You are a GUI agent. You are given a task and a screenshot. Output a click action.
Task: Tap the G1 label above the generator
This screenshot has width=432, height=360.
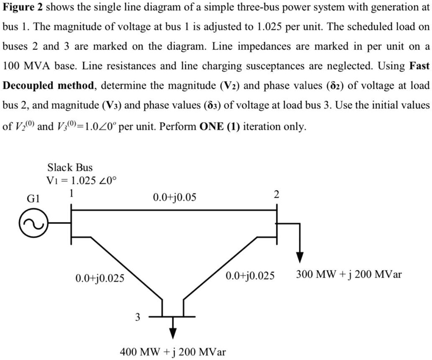[34, 199]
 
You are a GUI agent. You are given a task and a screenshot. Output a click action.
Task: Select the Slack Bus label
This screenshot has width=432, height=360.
[70, 167]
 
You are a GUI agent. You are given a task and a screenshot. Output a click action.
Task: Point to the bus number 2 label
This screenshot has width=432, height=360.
[276, 194]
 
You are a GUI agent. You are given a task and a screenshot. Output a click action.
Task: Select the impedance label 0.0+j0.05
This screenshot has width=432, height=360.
[174, 196]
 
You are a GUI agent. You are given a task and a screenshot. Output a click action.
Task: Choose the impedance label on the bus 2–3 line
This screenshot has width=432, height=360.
[250, 276]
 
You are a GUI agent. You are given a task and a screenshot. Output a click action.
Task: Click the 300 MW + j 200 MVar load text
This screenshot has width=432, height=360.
[349, 275]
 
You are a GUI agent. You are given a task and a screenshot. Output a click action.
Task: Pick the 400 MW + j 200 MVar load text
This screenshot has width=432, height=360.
[173, 352]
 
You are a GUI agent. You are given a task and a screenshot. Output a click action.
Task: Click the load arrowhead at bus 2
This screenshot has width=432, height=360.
[300, 257]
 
